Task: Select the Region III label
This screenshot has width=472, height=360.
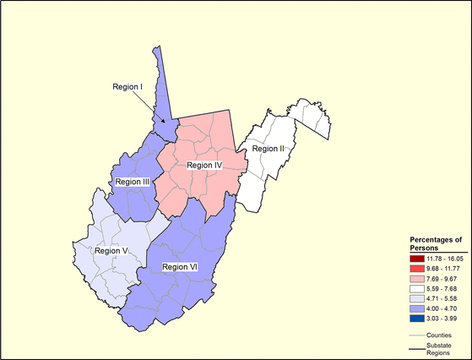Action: coord(131,182)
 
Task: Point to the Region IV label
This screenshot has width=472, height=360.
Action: coord(205,166)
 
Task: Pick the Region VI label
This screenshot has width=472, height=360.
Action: coord(180,267)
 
